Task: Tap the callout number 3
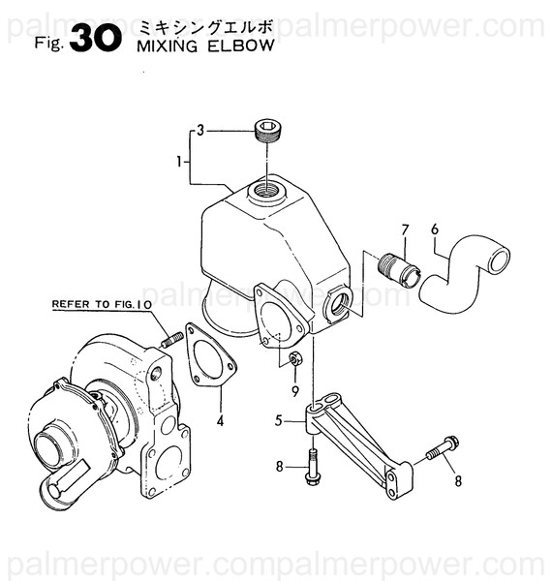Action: click(x=200, y=129)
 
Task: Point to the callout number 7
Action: click(x=406, y=229)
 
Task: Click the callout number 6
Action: click(x=435, y=229)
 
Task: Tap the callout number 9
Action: click(x=294, y=391)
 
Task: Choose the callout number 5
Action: click(x=278, y=419)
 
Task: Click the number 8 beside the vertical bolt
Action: click(x=279, y=467)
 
